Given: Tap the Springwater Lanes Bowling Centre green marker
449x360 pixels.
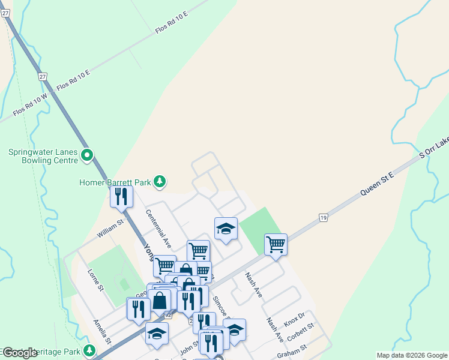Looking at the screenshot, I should pos(87,156).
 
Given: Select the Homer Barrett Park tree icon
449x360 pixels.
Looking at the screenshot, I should pos(159,181).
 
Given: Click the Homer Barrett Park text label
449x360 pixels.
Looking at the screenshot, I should pos(116,182).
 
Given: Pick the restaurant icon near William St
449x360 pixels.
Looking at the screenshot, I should pos(121,197).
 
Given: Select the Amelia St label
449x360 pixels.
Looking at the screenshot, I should pos(101,331).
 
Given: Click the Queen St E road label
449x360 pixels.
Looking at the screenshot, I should pos(376,184).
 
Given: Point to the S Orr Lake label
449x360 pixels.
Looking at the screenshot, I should pos(433,149).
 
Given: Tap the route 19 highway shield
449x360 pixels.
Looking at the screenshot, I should pos(323,218).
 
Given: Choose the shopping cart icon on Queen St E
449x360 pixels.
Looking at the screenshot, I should pos(276,244).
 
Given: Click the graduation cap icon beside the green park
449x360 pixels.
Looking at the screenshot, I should pos(226,228).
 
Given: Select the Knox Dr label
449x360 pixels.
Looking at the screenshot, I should pos(295,318).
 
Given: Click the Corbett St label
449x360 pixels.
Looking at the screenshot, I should pos(301,333).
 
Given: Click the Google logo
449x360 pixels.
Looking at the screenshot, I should pos(20,353).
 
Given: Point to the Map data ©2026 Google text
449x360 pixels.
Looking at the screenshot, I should pos(411,355).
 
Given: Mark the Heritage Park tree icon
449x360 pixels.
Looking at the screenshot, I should pos(89,350).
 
